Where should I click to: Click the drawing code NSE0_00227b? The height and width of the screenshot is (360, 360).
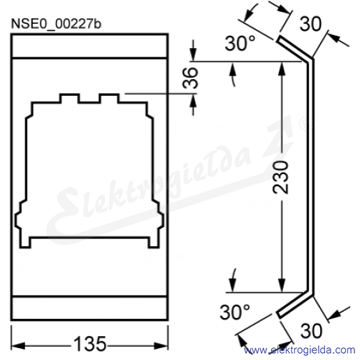[56, 24]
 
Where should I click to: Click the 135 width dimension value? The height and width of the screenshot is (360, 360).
[90, 344]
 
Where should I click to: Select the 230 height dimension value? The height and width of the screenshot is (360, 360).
[281, 177]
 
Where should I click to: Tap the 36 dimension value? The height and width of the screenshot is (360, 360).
[190, 78]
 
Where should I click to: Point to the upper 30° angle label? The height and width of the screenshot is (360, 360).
[240, 43]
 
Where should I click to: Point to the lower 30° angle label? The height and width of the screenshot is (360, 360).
[235, 312]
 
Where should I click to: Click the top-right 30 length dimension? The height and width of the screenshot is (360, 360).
[310, 24]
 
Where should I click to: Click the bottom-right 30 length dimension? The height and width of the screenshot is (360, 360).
[311, 331]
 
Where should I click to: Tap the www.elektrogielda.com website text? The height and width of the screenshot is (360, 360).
[299, 350]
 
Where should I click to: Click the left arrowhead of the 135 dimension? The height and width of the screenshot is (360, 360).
[17, 346]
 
